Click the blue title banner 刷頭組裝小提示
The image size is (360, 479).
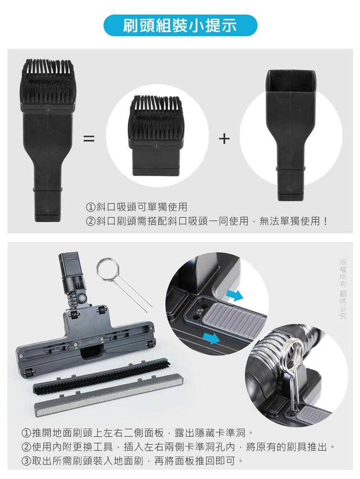click(x=180, y=25)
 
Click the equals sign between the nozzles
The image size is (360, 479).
click(x=89, y=140)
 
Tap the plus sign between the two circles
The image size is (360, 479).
click(x=224, y=140)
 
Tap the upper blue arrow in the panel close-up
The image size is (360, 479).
click(x=234, y=295)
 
